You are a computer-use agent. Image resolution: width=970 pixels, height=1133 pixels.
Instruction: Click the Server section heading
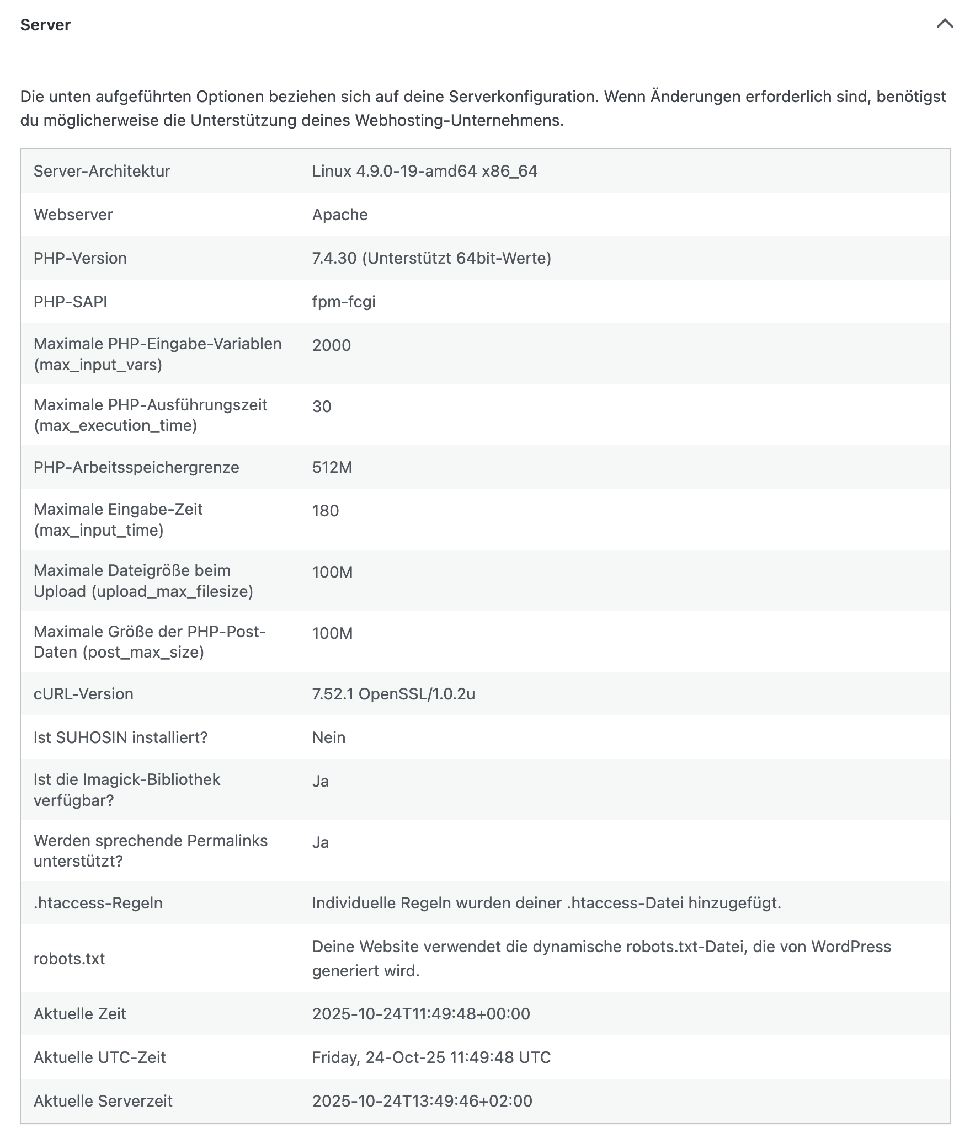tap(45, 25)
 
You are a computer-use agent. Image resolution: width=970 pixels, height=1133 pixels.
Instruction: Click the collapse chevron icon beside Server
tap(945, 24)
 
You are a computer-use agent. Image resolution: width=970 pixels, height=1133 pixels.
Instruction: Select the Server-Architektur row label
tap(102, 171)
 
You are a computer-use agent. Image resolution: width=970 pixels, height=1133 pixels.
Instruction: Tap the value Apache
tap(340, 215)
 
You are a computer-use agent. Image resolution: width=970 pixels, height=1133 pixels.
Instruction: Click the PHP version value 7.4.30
tap(334, 258)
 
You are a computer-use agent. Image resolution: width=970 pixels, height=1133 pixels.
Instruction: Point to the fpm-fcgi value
tap(344, 302)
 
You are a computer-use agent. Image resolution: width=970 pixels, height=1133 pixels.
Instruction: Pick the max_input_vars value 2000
tap(332, 345)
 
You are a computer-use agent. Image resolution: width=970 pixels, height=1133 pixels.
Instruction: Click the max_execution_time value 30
tap(322, 407)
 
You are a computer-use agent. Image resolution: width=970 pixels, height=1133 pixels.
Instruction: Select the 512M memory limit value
tap(332, 467)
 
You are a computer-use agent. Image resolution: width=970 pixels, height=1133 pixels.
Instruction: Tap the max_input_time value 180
tap(326, 511)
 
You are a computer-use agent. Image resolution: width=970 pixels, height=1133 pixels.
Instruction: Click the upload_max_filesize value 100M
tap(332, 572)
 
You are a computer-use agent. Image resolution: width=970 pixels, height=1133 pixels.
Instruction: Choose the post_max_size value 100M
tap(332, 633)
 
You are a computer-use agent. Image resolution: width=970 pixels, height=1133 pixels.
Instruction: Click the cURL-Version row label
tap(83, 694)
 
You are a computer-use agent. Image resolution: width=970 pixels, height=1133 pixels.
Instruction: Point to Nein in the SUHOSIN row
tap(329, 737)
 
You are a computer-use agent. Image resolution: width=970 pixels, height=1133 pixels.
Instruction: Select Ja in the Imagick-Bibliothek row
tap(321, 781)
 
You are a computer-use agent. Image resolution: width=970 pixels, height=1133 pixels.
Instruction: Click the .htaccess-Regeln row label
tap(98, 903)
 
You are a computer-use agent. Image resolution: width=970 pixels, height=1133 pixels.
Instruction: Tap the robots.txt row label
tap(69, 959)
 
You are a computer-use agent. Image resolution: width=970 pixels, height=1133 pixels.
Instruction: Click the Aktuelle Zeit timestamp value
tap(421, 1014)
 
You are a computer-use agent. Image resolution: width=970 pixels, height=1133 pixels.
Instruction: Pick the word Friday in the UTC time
tap(335, 1057)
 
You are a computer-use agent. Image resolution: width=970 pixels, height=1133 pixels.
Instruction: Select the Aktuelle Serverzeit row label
tap(103, 1101)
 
